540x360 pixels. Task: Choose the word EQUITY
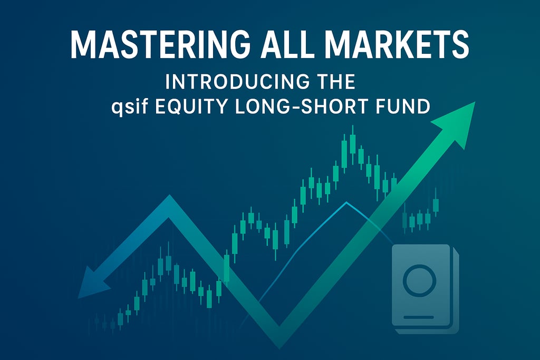click(x=190, y=106)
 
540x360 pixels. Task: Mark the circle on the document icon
click(x=419, y=280)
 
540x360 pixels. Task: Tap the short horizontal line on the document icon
click(x=418, y=317)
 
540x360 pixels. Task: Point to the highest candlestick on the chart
click(x=352, y=144)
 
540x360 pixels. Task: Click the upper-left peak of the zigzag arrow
click(x=169, y=201)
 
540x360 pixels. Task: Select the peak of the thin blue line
click(x=346, y=202)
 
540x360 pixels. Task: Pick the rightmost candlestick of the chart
click(x=436, y=203)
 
